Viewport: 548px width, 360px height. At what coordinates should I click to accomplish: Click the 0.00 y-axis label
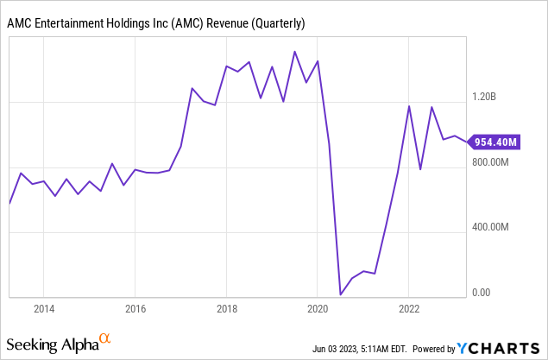482,293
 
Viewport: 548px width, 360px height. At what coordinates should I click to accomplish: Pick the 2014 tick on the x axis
44,309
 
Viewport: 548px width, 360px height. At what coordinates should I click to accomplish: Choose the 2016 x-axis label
135,309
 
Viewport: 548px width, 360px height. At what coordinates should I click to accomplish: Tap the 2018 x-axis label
226,309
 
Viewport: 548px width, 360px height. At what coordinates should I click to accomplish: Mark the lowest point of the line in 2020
340,295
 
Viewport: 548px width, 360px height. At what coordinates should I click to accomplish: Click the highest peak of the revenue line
294,52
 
